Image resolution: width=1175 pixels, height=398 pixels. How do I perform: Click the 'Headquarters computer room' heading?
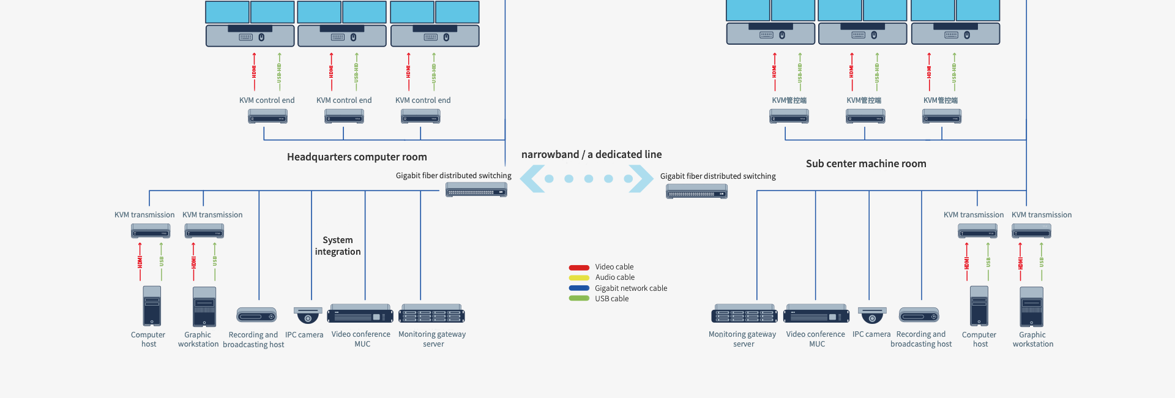tap(357, 157)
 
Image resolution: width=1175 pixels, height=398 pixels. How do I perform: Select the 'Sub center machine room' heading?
tap(866, 163)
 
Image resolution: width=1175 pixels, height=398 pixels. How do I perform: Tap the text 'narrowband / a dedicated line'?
tap(591, 154)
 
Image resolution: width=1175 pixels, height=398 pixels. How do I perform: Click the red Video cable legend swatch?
tap(579, 268)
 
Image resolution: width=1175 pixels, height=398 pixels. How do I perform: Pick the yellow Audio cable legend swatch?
tap(579, 278)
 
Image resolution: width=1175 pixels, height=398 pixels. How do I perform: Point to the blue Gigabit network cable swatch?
tap(579, 288)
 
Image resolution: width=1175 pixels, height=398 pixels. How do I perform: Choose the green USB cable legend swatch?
tap(579, 299)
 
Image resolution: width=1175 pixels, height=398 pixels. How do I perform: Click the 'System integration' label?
tap(338, 246)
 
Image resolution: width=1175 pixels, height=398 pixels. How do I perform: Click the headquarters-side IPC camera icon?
tap(308, 315)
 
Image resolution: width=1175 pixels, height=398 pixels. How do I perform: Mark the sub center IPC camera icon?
tap(872, 315)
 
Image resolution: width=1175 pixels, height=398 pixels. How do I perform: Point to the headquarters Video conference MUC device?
tap(360, 314)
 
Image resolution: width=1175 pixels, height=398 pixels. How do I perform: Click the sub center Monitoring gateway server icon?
tap(744, 314)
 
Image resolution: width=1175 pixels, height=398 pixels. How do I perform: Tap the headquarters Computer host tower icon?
tap(152, 306)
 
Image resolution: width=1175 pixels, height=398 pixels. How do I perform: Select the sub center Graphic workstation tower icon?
tap(1032, 307)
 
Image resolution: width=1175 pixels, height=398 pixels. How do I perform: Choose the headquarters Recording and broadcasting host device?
tap(256, 315)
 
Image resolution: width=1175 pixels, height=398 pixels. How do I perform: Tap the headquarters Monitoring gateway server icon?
tap(431, 314)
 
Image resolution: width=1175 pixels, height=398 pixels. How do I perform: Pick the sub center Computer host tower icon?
tap(979, 306)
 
